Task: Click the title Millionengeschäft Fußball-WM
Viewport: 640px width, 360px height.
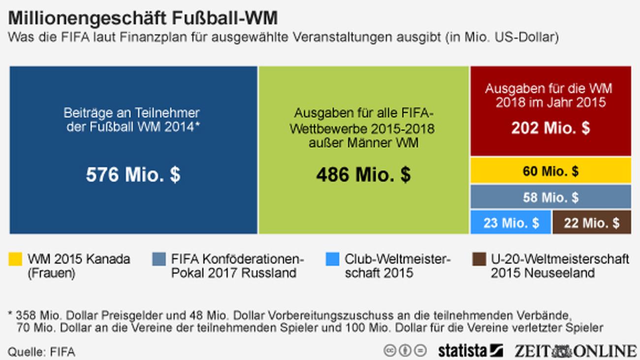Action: click(143, 18)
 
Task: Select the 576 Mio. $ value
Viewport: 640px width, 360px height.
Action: click(133, 175)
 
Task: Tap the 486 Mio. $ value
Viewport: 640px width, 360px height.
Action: click(363, 175)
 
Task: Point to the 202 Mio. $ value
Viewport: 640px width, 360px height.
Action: click(550, 128)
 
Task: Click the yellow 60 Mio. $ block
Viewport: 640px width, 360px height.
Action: click(550, 171)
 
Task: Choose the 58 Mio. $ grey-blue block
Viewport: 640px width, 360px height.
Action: click(550, 197)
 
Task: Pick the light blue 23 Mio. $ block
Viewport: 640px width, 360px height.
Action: click(511, 223)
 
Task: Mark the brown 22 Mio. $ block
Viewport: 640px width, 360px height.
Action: click(592, 223)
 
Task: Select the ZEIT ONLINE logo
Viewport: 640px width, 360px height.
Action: click(575, 351)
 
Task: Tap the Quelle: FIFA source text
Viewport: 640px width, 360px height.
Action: click(42, 352)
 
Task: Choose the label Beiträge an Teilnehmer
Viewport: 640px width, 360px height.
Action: click(132, 113)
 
